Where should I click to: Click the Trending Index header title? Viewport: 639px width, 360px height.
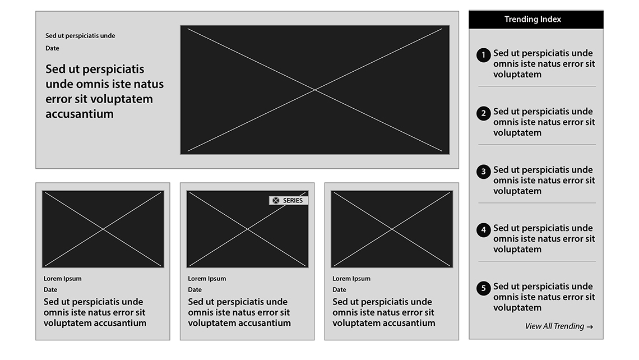click(532, 19)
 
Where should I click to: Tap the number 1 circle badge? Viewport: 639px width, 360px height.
click(483, 55)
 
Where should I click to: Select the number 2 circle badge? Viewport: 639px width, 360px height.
click(483, 113)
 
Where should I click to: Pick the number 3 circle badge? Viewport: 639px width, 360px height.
click(483, 172)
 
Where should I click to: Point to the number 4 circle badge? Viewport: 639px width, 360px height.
click(483, 230)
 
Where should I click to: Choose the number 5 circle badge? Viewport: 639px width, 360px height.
click(483, 288)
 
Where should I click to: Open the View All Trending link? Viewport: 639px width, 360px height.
click(559, 326)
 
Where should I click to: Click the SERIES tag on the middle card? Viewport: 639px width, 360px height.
click(289, 200)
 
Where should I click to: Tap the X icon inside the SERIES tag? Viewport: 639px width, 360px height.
click(276, 200)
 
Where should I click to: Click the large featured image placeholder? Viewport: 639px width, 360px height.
click(315, 90)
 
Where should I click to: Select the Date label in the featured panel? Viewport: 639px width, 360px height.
click(52, 48)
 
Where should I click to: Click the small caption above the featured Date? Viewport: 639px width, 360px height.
click(80, 36)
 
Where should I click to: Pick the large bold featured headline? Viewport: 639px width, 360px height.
click(104, 91)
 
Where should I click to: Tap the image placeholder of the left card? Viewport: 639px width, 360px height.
click(103, 229)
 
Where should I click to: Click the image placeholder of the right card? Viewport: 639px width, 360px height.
click(392, 229)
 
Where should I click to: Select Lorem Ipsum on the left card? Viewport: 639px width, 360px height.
click(62, 279)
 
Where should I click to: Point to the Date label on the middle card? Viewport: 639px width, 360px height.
click(195, 290)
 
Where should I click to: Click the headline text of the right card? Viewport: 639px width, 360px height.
click(384, 312)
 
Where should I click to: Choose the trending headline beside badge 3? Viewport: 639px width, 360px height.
click(544, 180)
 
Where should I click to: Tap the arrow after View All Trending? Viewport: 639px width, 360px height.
click(590, 326)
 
